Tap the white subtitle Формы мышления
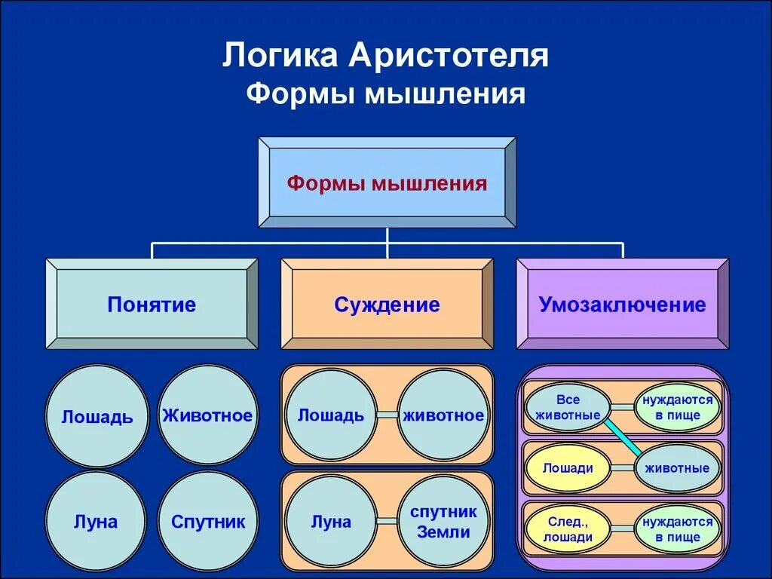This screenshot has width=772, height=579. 385,94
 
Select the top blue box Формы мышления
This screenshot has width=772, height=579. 387,182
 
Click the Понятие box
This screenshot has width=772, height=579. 152,305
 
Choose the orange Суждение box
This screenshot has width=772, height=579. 387,305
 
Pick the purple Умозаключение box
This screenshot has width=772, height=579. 622,305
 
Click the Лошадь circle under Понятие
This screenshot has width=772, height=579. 97,416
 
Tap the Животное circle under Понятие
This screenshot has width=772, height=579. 207,415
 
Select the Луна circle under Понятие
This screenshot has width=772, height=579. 96,521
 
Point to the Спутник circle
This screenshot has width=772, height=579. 207,521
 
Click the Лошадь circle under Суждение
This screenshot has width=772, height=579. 331,415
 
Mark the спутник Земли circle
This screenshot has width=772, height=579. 443,521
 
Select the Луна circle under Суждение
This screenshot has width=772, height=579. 331,521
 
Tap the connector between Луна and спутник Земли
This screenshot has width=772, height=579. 387,521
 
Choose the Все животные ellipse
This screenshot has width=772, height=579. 568,407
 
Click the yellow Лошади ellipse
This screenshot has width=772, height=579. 568,467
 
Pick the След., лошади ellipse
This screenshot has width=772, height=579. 568,529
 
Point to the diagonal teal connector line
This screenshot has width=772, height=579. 623,437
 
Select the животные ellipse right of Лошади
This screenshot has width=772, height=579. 677,467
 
